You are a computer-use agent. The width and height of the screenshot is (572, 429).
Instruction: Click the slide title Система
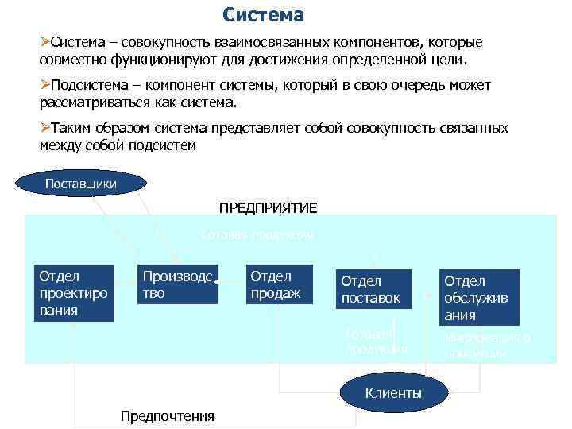point(263,15)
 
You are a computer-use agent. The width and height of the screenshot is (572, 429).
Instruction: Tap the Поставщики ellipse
point(81,184)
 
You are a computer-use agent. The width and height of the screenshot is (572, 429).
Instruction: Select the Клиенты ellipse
point(392,393)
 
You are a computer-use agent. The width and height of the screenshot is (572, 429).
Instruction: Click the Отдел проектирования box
point(73,292)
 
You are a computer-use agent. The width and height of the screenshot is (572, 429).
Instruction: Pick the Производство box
point(177,284)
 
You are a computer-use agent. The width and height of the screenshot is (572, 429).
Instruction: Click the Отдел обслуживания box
point(479,297)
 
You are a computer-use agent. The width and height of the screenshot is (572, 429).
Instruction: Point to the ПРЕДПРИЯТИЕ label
point(268,207)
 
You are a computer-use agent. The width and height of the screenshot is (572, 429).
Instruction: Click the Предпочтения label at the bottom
point(167,416)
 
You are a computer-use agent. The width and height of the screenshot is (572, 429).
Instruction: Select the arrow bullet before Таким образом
point(44,128)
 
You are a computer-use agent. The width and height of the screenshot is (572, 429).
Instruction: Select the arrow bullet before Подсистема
point(44,85)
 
